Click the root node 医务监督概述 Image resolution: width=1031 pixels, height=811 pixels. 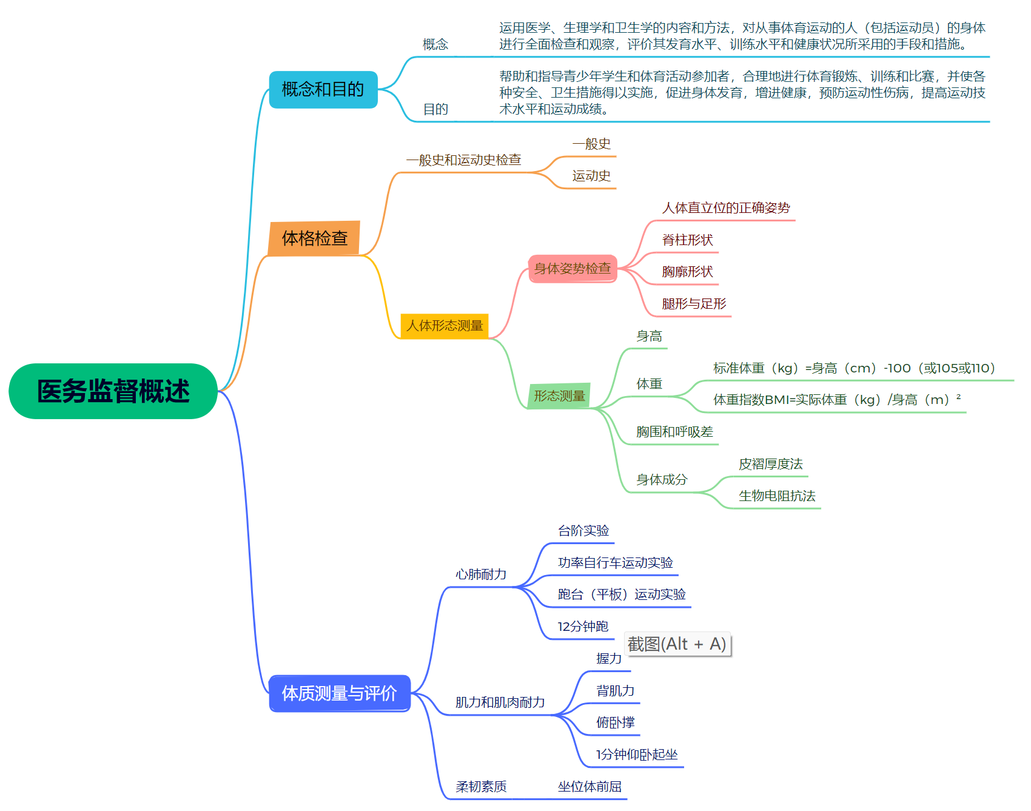113,391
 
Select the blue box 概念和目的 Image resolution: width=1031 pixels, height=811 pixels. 323,90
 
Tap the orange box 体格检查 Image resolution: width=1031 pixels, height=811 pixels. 314,238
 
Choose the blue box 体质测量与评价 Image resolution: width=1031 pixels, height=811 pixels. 340,693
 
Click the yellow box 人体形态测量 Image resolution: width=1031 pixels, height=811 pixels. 445,326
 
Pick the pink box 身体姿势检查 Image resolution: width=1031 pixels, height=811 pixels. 573,269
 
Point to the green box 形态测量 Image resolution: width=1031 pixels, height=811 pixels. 559,396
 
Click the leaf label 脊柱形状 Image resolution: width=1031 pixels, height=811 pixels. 687,240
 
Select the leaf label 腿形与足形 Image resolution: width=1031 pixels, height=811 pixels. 694,304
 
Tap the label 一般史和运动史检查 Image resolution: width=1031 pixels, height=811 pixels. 463,160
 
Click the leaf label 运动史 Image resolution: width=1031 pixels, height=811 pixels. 591,176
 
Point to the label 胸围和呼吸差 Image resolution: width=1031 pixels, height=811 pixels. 674,432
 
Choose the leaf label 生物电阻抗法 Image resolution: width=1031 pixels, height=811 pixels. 777,496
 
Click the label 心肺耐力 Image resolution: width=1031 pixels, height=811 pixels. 481,574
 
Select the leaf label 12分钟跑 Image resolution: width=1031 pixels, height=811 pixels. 583,627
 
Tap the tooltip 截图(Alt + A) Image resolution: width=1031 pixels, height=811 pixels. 677,644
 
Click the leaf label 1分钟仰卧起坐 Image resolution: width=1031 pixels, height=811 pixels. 637,755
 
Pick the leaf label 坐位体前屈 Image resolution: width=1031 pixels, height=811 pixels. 589,787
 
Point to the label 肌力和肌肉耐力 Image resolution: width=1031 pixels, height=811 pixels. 500,702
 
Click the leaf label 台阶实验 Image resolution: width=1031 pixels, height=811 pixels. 583,531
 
